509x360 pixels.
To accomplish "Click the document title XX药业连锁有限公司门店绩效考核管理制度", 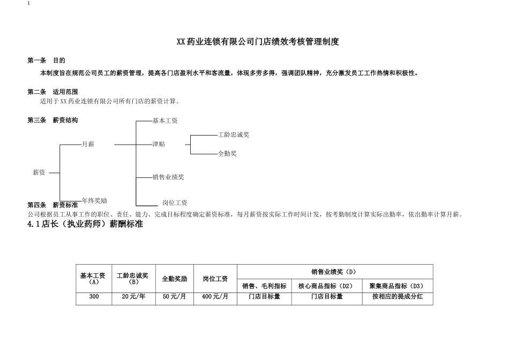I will point(258,42).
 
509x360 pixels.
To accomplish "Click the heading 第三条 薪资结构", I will point(53,121).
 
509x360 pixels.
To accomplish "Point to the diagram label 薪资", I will point(39,172).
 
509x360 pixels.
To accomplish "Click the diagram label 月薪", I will point(88,145).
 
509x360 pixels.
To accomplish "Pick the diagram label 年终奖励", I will point(94,201).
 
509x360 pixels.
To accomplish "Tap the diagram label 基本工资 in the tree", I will point(165,121).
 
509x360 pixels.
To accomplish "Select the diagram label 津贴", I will point(159,145).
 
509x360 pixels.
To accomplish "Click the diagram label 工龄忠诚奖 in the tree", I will point(234,135).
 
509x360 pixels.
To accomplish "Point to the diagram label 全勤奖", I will point(227,154).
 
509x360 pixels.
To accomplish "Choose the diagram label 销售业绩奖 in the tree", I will point(168,177).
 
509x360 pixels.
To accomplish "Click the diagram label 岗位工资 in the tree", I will point(175,203).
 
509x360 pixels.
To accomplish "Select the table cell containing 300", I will point(94,296).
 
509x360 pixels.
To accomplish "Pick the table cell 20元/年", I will point(134,296).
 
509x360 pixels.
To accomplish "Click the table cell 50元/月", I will point(175,296).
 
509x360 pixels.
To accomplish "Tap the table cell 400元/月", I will point(215,296).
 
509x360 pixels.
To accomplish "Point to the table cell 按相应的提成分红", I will point(398,296).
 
